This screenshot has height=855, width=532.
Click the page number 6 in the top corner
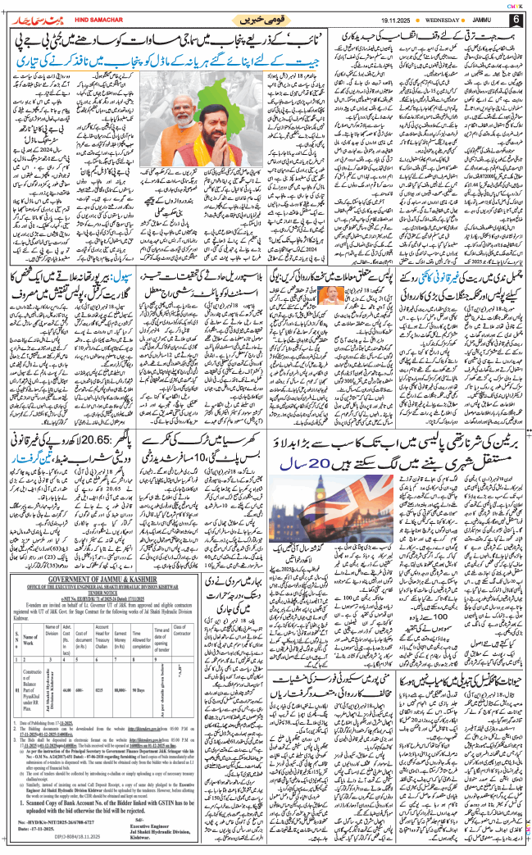click(516, 18)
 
